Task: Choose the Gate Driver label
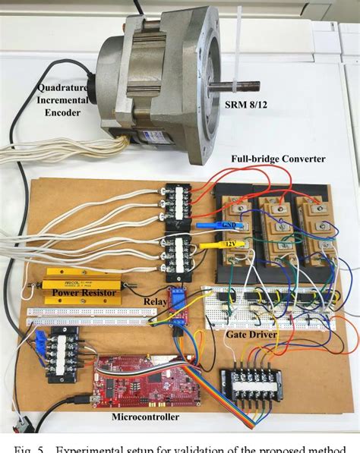tap(251, 334)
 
